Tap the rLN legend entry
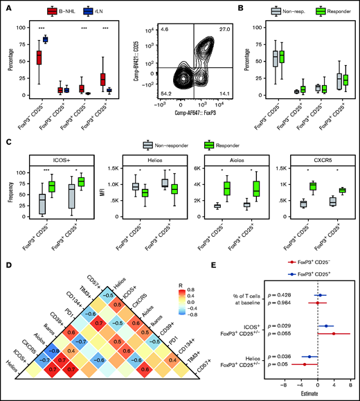[93, 12]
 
